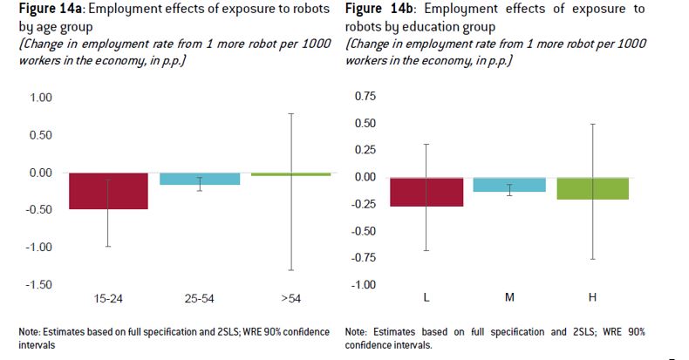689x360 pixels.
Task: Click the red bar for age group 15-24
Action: click(108, 191)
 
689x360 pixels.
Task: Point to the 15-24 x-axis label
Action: click(108, 298)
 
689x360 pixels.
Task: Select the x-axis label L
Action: click(426, 298)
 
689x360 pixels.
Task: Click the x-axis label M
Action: click(509, 298)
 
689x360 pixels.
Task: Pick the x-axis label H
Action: click(592, 298)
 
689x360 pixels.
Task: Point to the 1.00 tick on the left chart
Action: click(41, 98)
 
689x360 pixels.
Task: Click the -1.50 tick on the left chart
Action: click(39, 285)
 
